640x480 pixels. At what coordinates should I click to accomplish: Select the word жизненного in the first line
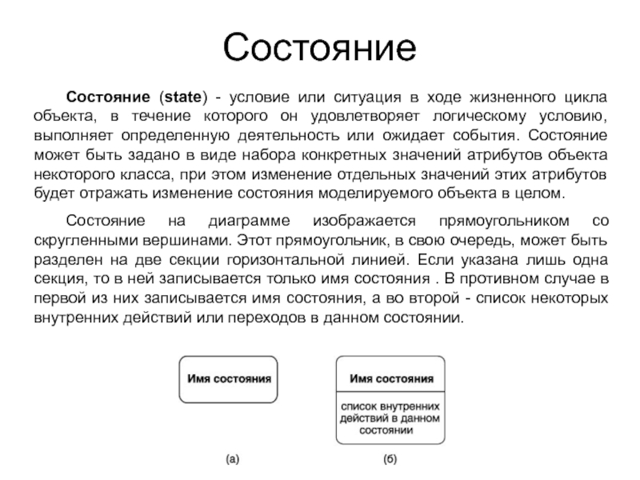498,98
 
